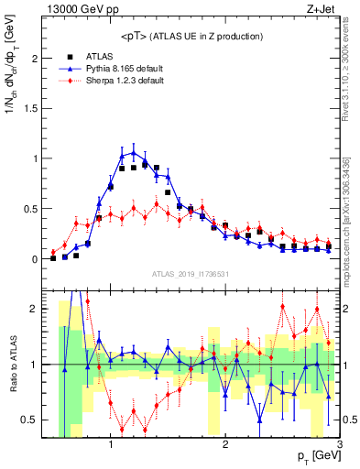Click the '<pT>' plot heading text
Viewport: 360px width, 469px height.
191,36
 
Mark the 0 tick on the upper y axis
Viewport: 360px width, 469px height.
38,258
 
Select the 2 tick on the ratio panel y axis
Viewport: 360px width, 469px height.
38,309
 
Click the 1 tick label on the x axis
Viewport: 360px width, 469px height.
111,445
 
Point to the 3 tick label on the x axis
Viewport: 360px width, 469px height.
339,445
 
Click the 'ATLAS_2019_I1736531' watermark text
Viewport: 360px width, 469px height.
191,273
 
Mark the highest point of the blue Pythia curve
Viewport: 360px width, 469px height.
134,152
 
